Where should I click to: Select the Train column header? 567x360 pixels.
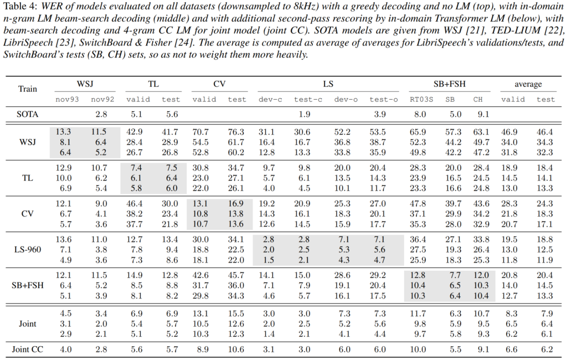[28, 89]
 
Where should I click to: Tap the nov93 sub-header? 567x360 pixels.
[68, 99]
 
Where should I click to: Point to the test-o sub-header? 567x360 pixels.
[379, 99]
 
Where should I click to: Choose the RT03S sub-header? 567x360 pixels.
[421, 99]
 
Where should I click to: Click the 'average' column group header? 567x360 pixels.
[529, 84]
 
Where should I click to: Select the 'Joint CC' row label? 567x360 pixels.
[28, 349]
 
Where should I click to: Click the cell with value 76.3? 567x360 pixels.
[237, 132]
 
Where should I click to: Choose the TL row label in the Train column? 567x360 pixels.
[28, 177]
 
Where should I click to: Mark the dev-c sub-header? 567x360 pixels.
[270, 99]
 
